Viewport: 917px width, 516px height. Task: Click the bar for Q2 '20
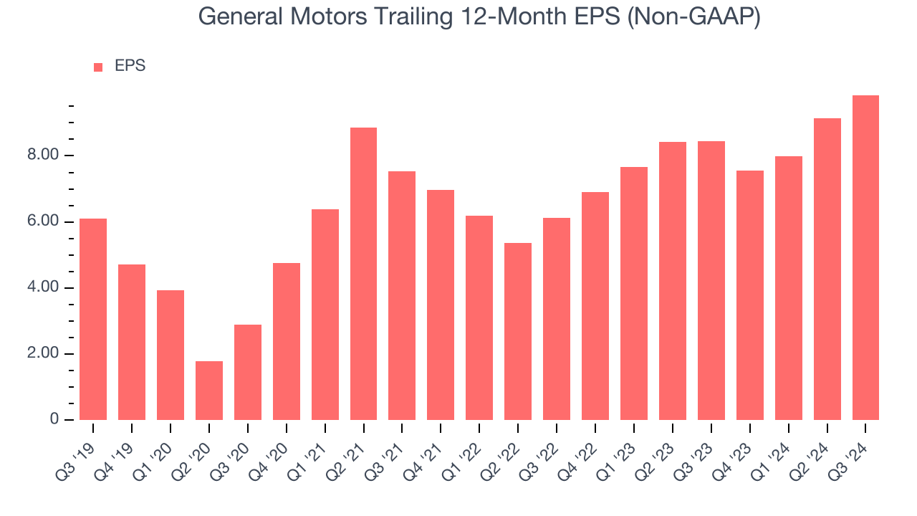[209, 391]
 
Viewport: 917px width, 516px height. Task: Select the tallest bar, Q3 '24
[865, 258]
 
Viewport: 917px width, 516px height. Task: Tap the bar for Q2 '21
[364, 274]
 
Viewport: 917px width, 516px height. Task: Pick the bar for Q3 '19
[93, 319]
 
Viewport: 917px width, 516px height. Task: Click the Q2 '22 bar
[518, 331]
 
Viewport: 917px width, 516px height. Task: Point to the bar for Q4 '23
[749, 295]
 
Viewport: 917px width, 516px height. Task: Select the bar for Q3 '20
[248, 372]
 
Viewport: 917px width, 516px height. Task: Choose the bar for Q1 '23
[634, 293]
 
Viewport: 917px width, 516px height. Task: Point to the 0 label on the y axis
[54, 420]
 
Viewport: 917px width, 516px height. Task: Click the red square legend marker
[98, 67]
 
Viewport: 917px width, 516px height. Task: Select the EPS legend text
[130, 67]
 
